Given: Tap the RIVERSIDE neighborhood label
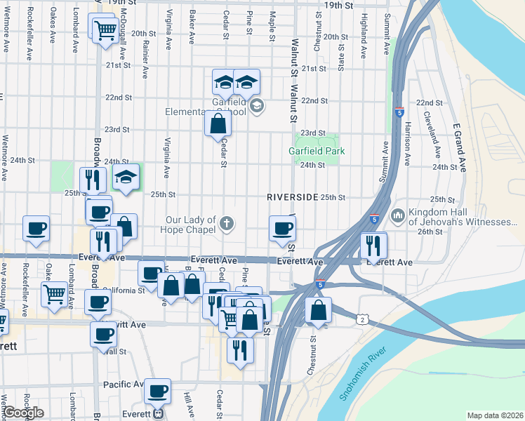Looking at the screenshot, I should [x=293, y=197].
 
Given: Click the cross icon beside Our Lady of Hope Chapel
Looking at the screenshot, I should [x=226, y=224].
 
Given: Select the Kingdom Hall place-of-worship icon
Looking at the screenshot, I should [x=398, y=213].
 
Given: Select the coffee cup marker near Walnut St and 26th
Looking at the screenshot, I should [x=282, y=228].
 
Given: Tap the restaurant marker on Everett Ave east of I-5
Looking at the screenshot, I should [x=373, y=245].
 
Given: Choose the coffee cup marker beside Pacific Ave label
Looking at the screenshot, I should [x=158, y=390].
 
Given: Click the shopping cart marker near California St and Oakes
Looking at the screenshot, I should [x=54, y=294].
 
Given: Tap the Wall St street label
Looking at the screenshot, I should [x=114, y=352].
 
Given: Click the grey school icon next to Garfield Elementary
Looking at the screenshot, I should [x=257, y=107].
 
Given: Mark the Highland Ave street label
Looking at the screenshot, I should [x=364, y=34].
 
